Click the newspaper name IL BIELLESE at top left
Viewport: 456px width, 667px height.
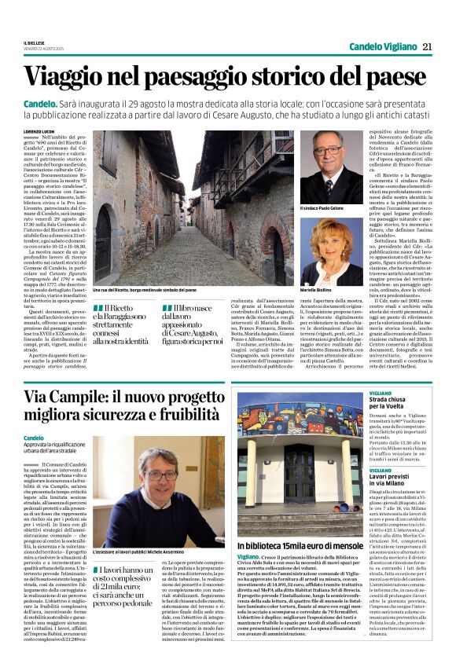(x=35, y=44)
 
